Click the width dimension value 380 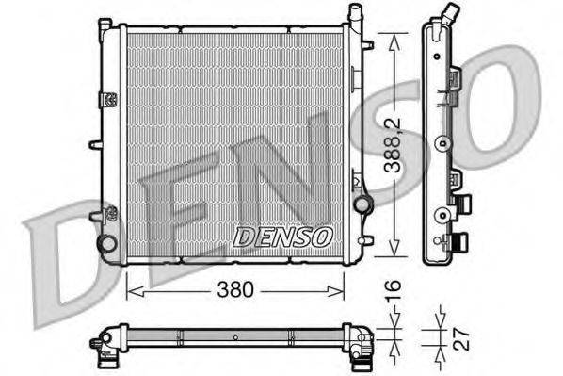coord(234,290)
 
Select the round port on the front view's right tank coord(359,205)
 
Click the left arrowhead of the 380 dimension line coord(130,290)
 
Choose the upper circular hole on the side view coord(440,144)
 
